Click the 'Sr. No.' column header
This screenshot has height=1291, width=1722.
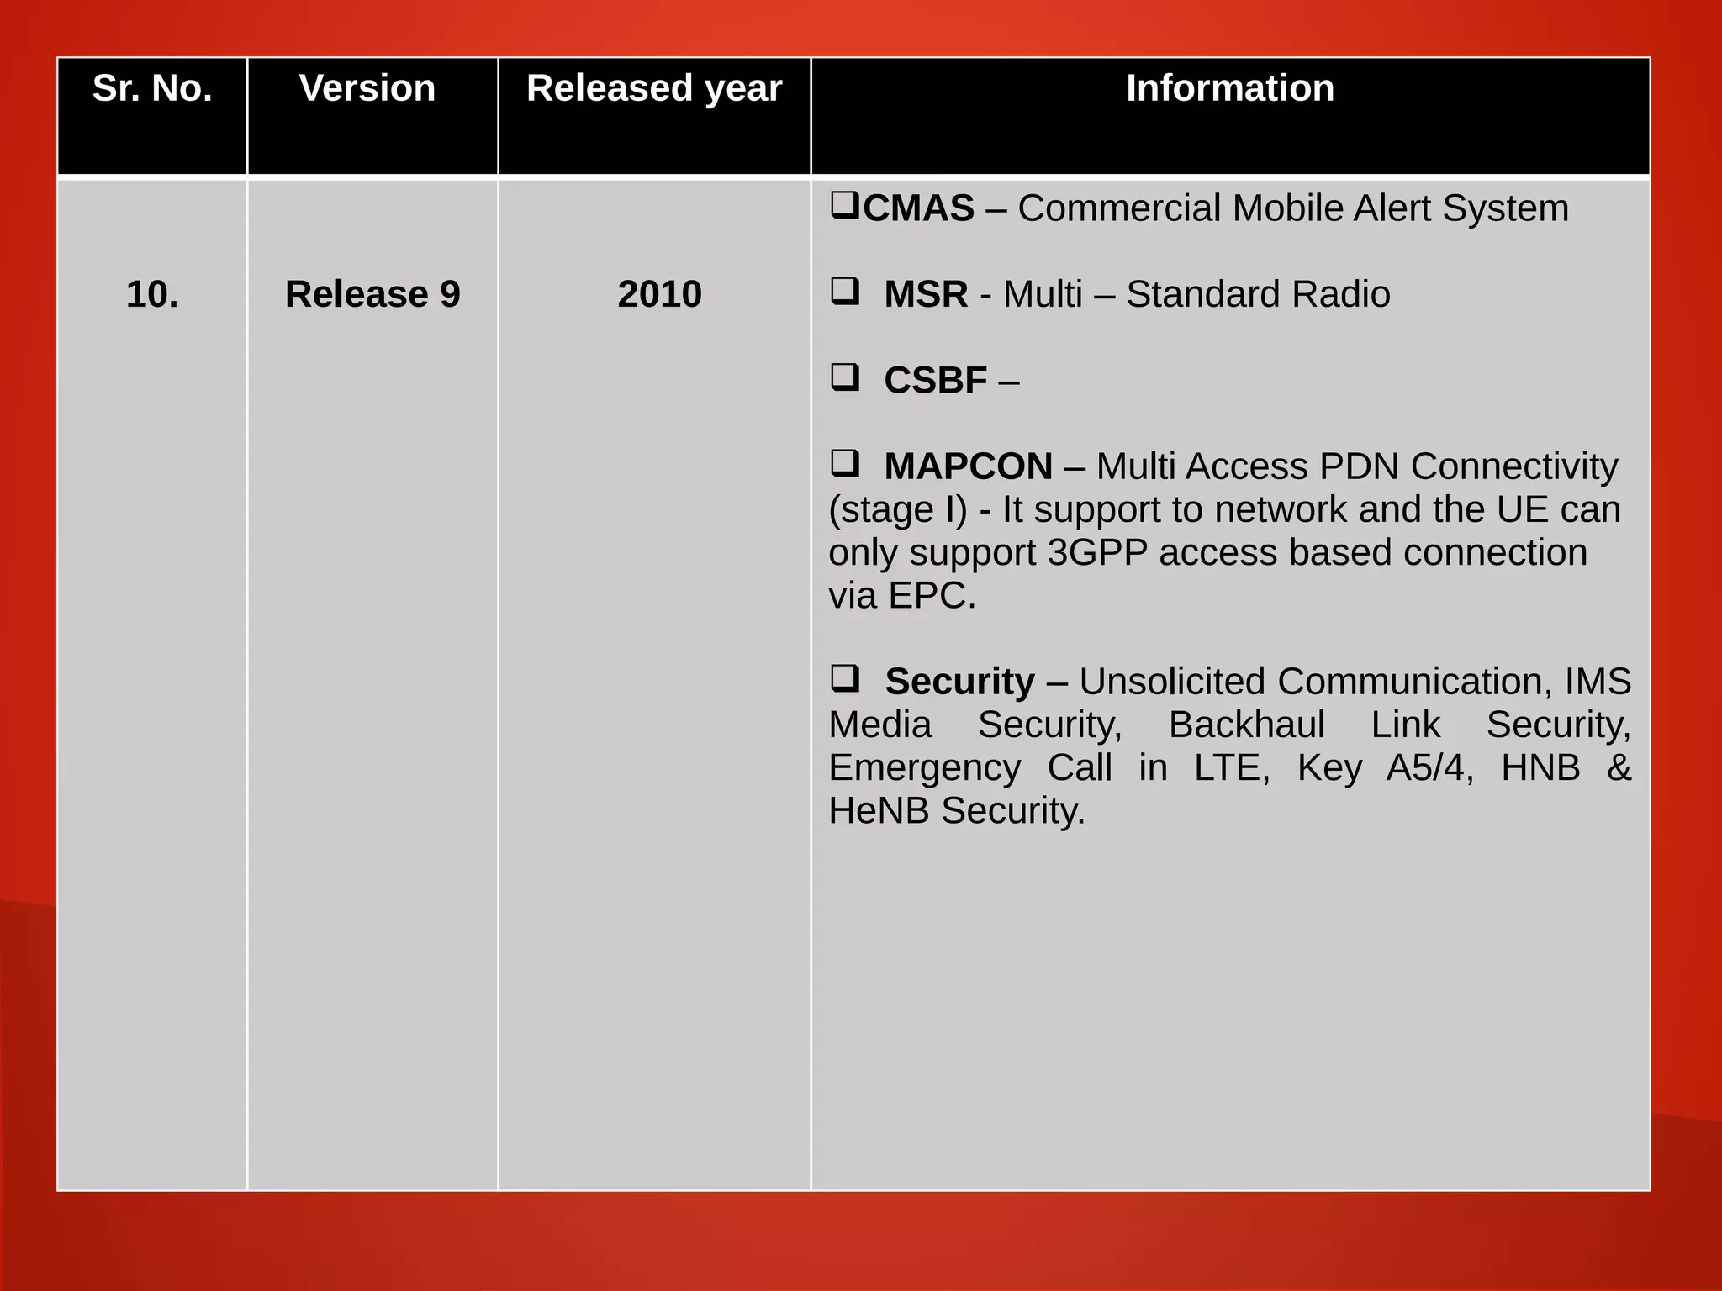[x=152, y=88]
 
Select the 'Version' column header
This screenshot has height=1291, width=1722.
[x=367, y=88]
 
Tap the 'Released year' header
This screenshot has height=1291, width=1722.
[x=654, y=88]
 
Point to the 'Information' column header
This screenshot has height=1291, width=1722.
[x=1229, y=88]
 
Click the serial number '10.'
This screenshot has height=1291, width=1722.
[x=152, y=294]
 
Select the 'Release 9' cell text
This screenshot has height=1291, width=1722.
[x=372, y=294]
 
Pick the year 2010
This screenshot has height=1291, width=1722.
[x=659, y=294]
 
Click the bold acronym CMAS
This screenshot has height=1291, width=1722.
[x=918, y=208]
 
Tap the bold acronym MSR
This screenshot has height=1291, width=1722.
[x=926, y=294]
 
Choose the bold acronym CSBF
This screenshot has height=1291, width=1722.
[x=935, y=381]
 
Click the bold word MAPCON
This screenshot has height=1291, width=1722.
[x=968, y=466]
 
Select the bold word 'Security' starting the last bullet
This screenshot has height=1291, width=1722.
[x=959, y=682]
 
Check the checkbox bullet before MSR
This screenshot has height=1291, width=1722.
[x=845, y=291]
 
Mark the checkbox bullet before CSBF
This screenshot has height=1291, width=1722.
[x=845, y=377]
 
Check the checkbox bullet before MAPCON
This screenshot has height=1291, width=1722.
[x=845, y=463]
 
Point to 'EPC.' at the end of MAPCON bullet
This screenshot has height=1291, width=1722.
[x=932, y=596]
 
